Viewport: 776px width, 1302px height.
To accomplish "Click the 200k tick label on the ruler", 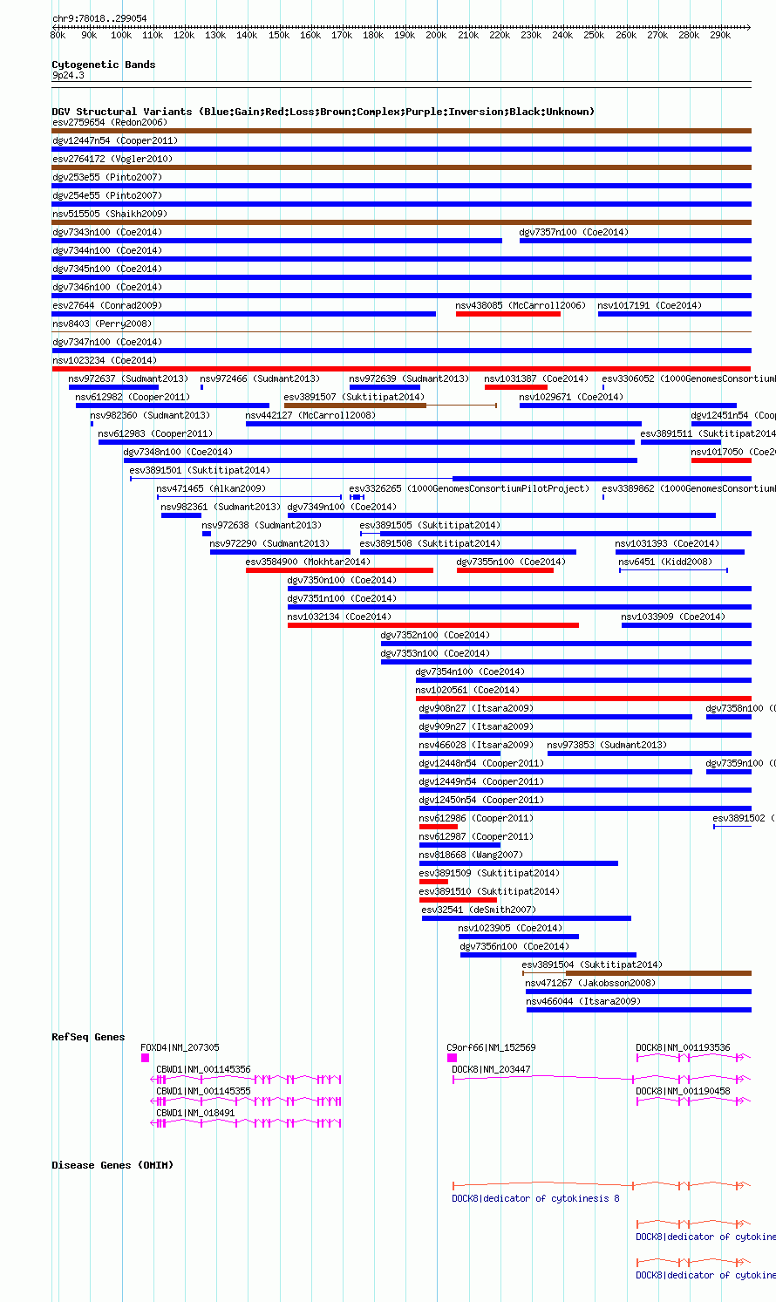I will tap(436, 36).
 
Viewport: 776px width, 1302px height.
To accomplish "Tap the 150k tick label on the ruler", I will tap(279, 36).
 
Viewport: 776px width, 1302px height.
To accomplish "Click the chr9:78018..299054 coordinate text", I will tap(99, 18).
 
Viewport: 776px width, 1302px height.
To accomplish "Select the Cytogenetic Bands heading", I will tap(103, 65).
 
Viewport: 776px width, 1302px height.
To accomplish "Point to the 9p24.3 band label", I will tap(68, 76).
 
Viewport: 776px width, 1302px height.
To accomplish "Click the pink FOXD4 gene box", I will tap(145, 1058).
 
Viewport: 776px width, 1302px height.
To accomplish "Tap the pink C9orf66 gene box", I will tap(452, 1058).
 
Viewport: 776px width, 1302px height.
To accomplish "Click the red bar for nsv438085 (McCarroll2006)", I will tap(508, 314).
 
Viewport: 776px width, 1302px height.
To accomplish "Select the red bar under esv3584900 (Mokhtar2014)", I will tap(339, 570).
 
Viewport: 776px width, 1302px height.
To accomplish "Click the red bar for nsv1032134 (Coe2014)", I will tap(432, 625).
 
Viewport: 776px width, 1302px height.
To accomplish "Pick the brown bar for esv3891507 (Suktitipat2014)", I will tap(355, 406).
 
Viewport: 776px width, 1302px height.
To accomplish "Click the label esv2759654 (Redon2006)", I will tap(110, 122).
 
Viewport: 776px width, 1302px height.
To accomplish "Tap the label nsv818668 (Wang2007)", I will tap(454, 855).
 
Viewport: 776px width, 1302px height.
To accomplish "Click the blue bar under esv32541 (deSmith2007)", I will tap(526, 918).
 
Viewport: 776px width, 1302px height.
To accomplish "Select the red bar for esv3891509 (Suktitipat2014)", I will tap(433, 882).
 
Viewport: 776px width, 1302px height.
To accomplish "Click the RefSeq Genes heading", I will tap(88, 1037).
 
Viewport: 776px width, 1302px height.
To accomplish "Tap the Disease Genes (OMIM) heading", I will tap(112, 1165).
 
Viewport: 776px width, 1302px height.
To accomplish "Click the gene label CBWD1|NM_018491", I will tap(195, 1113).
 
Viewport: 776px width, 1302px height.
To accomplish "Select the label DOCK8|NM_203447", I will tap(491, 1069).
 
